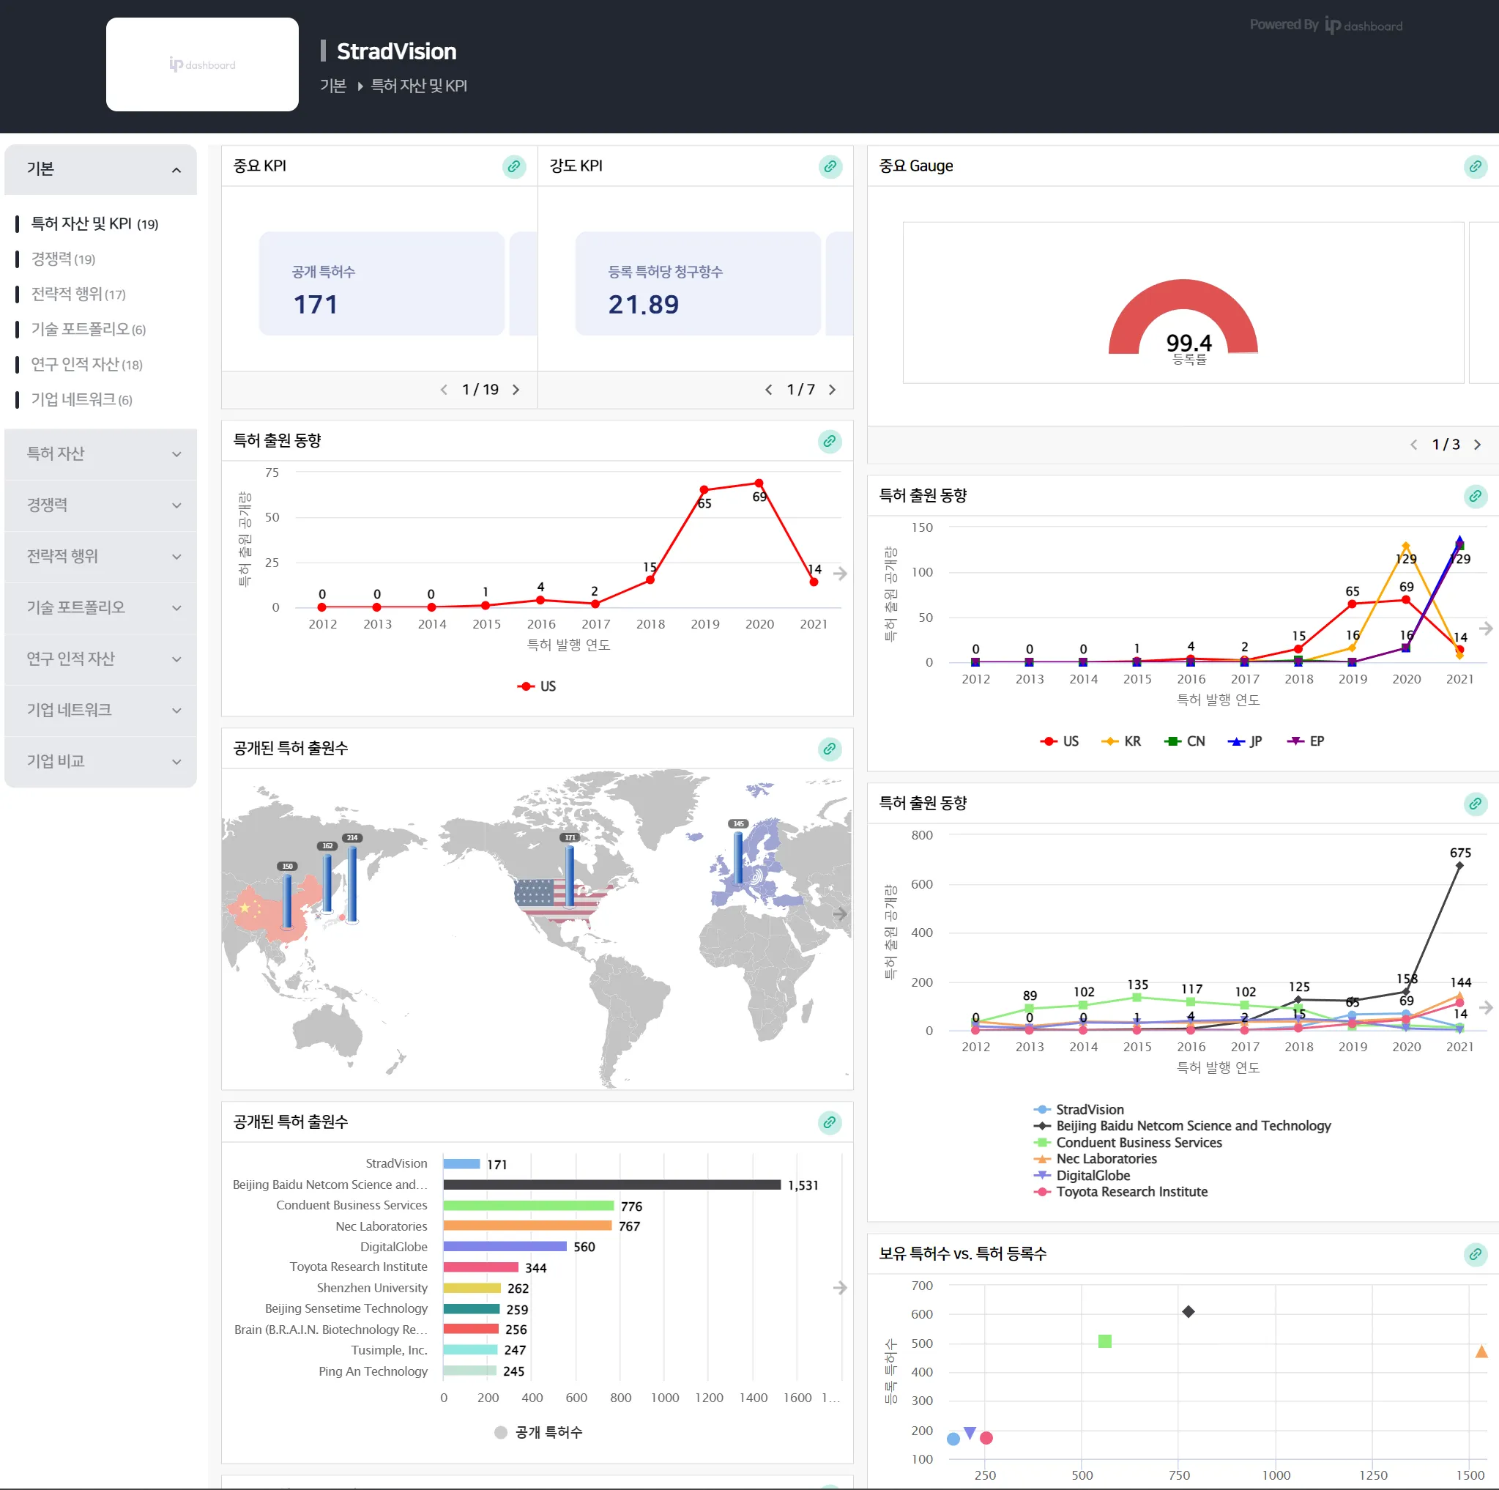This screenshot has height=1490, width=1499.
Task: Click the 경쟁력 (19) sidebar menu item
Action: pyautogui.click(x=62, y=259)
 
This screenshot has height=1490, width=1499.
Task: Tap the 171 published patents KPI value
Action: pyautogui.click(x=316, y=304)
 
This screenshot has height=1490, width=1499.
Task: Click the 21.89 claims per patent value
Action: pyautogui.click(x=643, y=304)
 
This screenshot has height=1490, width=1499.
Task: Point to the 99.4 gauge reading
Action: pyautogui.click(x=1188, y=342)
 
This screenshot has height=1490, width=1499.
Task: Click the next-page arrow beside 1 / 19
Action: pyautogui.click(x=516, y=390)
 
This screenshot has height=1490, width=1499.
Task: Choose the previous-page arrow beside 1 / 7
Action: pyautogui.click(x=768, y=390)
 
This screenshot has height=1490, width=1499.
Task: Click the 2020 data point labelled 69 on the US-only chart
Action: pyautogui.click(x=759, y=483)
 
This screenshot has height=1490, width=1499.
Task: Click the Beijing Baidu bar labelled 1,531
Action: pyautogui.click(x=611, y=1185)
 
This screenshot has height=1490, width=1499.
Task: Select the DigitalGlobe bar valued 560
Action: pyautogui.click(x=505, y=1246)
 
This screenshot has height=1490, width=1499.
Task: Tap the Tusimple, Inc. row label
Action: pyautogui.click(x=389, y=1350)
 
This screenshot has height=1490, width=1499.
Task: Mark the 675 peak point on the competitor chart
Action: pyautogui.click(x=1459, y=866)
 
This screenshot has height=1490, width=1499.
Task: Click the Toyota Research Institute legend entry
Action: pyautogui.click(x=1131, y=1192)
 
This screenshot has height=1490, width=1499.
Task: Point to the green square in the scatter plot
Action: pyautogui.click(x=1105, y=1341)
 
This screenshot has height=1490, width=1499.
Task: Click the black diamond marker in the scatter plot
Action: pyautogui.click(x=1188, y=1311)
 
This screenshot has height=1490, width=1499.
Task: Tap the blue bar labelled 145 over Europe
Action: pyautogui.click(x=738, y=858)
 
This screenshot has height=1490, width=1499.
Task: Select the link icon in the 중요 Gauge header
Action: pyautogui.click(x=1475, y=166)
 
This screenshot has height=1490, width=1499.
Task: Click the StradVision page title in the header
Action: pyautogui.click(x=396, y=51)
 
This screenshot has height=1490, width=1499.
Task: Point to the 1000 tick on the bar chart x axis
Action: pyautogui.click(x=664, y=1398)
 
